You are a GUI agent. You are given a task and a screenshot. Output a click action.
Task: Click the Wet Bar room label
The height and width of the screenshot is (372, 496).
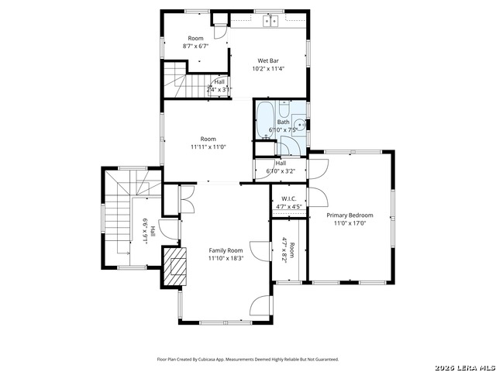268,60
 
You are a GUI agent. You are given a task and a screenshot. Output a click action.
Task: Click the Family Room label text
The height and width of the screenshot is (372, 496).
226,250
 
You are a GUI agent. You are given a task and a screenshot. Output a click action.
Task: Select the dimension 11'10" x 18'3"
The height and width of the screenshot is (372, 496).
226,259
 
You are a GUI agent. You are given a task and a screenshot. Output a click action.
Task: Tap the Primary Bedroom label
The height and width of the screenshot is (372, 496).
350,215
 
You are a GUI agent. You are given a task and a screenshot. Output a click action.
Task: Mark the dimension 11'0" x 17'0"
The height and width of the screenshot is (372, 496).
350,223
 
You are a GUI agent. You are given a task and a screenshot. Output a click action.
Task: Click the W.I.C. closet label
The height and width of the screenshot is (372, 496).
287,198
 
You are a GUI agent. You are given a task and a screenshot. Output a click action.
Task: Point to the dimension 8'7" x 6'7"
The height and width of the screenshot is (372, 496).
195,46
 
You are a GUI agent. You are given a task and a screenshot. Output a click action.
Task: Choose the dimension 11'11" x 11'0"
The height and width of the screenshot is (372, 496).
207,146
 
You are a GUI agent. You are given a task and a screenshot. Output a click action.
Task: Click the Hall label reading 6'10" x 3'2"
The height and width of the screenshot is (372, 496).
281,164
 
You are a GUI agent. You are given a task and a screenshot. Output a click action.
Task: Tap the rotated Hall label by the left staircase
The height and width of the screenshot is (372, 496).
153,231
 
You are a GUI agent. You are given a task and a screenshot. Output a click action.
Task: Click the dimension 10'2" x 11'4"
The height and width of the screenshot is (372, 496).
268,68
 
